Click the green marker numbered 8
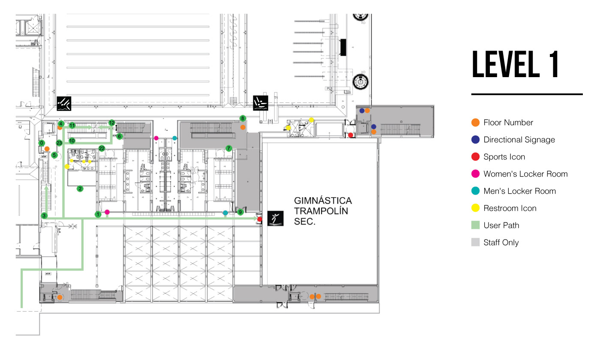click(243, 118)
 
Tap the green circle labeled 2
click(80, 188)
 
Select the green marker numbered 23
click(59, 143)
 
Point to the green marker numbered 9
click(240, 212)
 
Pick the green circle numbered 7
click(229, 148)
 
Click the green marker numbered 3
click(44, 215)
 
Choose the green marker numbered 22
click(102, 148)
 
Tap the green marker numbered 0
click(42, 143)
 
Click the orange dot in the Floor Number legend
click(475, 123)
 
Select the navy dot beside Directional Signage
click(475, 140)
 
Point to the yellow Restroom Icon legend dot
click(475, 208)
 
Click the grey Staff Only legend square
click(475, 243)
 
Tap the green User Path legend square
click(475, 225)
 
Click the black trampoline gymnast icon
click(274, 219)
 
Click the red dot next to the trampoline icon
click(260, 219)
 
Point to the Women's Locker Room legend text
click(525, 174)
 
